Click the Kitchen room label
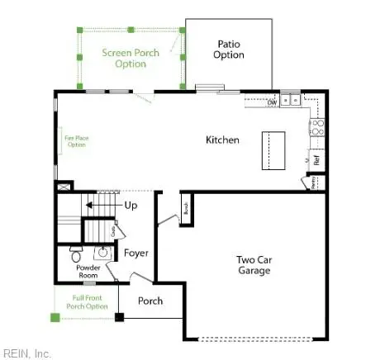(222, 140)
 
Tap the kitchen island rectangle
(273, 149)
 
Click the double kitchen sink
(290, 100)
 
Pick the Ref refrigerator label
(316, 160)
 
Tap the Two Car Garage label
(254, 264)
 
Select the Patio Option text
(229, 50)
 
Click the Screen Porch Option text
(131, 58)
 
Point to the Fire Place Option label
(75, 140)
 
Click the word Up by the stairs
(131, 204)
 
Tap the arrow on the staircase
(97, 204)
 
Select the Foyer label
(135, 253)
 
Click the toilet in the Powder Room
(77, 254)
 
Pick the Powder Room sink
(104, 253)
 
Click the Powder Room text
(88, 271)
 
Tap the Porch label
(150, 301)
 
